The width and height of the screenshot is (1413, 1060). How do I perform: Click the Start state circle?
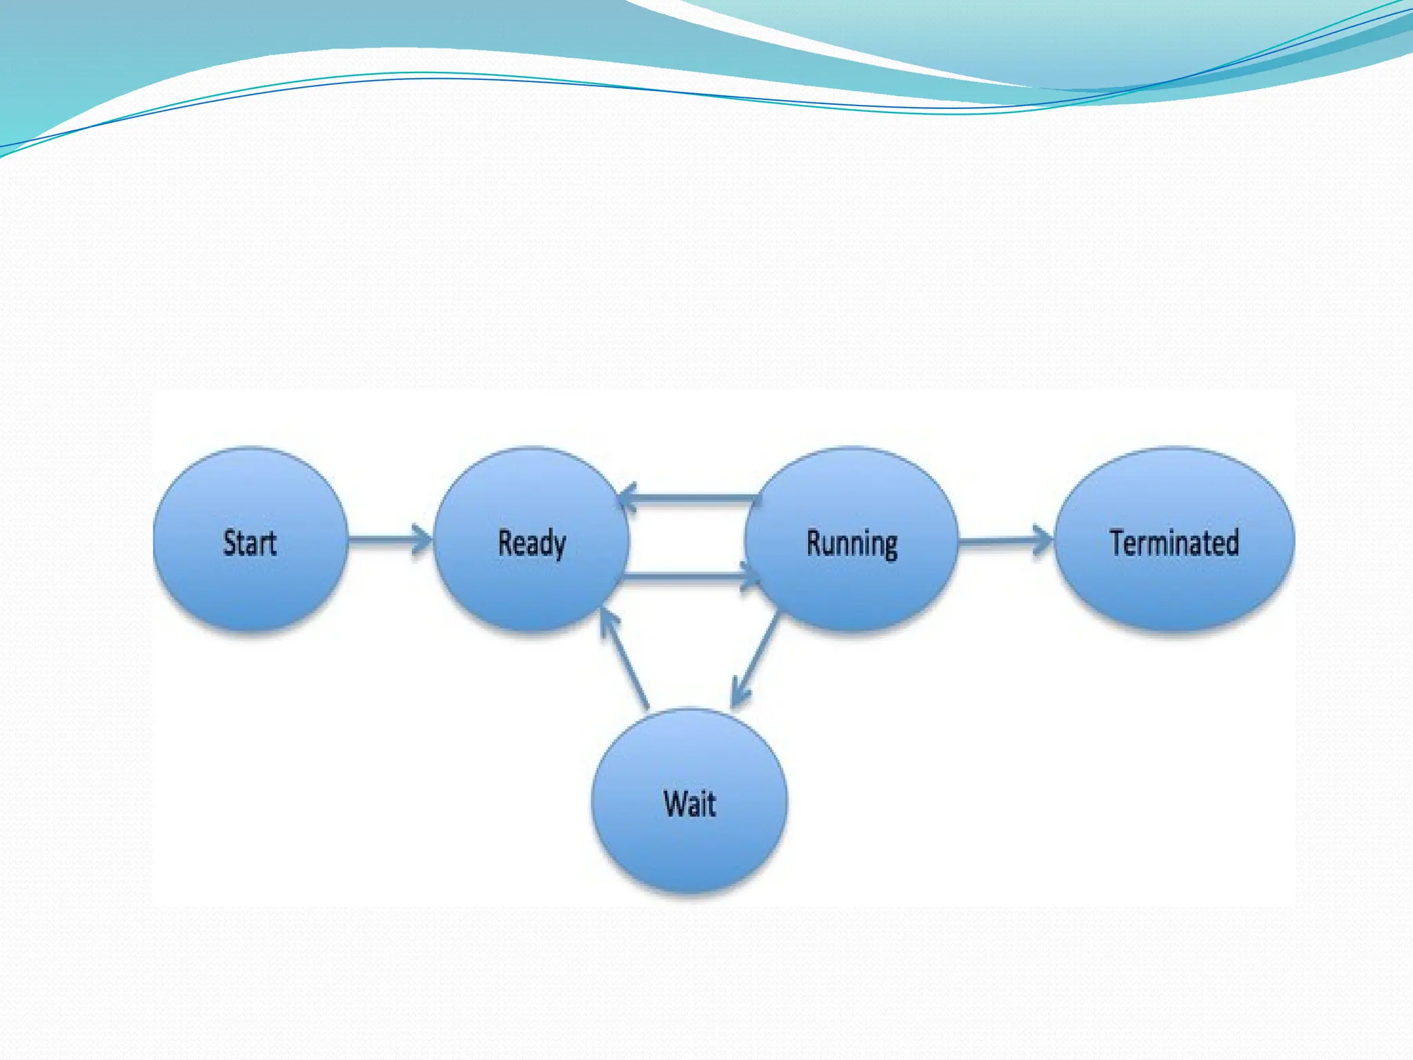tap(250, 587)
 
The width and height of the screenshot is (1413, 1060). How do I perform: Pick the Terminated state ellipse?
tap(1174, 587)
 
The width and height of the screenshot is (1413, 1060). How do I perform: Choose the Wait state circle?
tap(690, 849)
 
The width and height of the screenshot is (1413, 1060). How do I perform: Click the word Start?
tap(250, 542)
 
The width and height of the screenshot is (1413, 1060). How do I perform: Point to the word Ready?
tap(532, 543)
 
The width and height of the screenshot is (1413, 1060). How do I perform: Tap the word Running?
tap(852, 544)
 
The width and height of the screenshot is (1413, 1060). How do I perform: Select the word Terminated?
tap(1174, 542)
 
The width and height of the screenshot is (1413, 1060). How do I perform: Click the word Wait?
tap(690, 804)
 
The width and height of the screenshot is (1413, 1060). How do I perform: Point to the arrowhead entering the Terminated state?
tap(1042, 540)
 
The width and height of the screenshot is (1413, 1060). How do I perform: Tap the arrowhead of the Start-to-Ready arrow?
tap(422, 539)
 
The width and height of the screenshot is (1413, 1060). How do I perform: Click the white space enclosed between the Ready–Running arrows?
tap(686, 537)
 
